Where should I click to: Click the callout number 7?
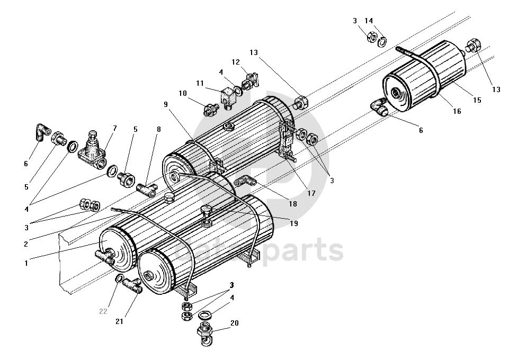(x=114, y=129)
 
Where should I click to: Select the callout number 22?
(x=103, y=311)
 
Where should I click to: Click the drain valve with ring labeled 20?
(x=204, y=333)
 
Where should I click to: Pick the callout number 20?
(x=234, y=322)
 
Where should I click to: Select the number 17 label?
(x=311, y=193)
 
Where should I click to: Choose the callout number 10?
(x=182, y=94)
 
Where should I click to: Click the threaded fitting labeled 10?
(x=211, y=110)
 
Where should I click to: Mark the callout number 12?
(x=236, y=62)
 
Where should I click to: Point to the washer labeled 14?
(x=381, y=41)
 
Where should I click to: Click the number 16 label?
(x=457, y=112)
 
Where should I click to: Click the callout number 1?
(x=25, y=263)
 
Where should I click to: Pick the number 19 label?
(x=294, y=223)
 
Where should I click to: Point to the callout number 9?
(x=166, y=105)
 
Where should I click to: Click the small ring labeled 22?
(x=121, y=279)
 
